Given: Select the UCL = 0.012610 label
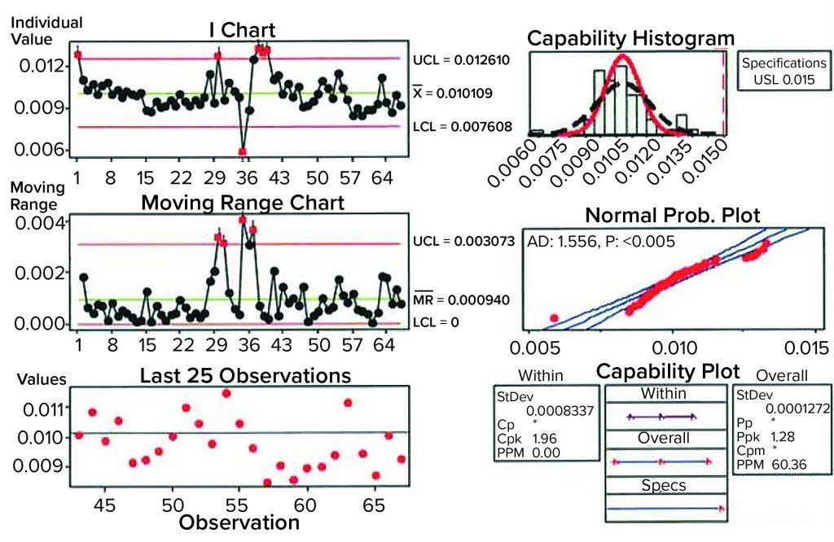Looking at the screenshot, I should tap(465, 59).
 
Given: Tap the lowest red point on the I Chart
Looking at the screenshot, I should tap(242, 151).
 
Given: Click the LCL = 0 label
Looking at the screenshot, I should tap(436, 322).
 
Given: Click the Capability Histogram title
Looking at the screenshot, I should tap(630, 39).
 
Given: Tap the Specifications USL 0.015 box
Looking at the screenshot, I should tap(783, 72).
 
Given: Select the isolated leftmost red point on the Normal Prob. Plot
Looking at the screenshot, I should tap(554, 317).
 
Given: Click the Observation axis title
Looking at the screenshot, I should tap(238, 522).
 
